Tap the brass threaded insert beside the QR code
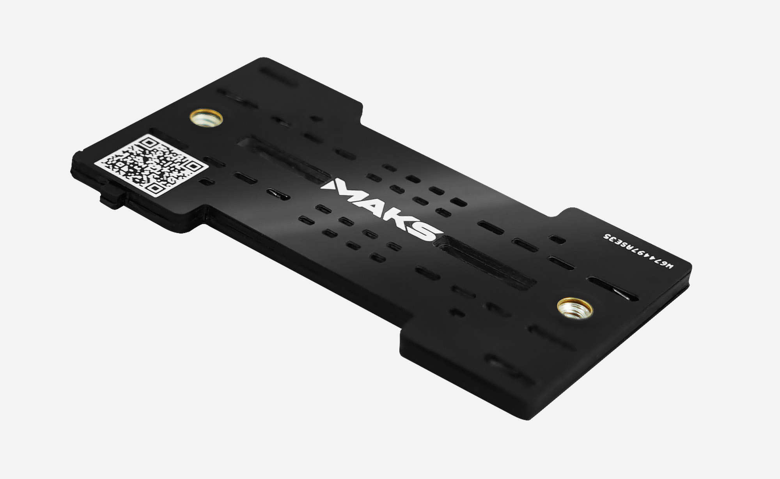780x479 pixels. [206, 118]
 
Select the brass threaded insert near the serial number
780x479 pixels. [575, 308]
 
